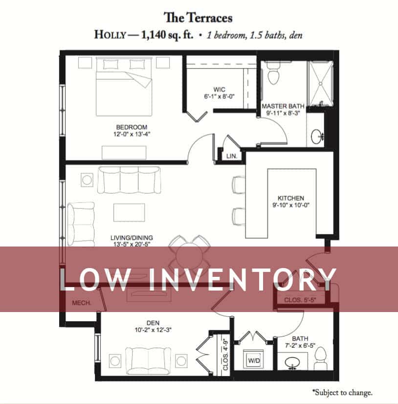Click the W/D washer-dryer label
pyautogui.click(x=254, y=360)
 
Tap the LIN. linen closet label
pyautogui.click(x=232, y=156)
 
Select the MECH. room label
pyautogui.click(x=81, y=303)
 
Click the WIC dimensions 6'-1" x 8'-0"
pyautogui.click(x=219, y=96)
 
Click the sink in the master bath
pyautogui.click(x=317, y=136)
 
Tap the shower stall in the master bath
pyautogui.click(x=321, y=84)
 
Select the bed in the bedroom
pyautogui.click(x=124, y=87)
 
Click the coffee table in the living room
pyautogui.click(x=129, y=213)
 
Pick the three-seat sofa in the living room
pyautogui.click(x=129, y=180)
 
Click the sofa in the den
pyautogui.click(x=148, y=361)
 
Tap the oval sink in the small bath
pyautogui.click(x=292, y=362)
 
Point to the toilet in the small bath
pyautogui.click(x=320, y=358)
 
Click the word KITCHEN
pyautogui.click(x=291, y=198)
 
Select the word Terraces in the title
pyautogui.click(x=209, y=18)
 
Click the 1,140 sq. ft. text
pyautogui.click(x=167, y=35)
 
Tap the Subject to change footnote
pyautogui.click(x=342, y=392)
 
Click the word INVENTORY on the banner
pyautogui.click(x=243, y=280)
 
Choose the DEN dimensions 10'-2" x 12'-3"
pyautogui.click(x=153, y=330)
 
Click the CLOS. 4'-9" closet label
pyautogui.click(x=226, y=354)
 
